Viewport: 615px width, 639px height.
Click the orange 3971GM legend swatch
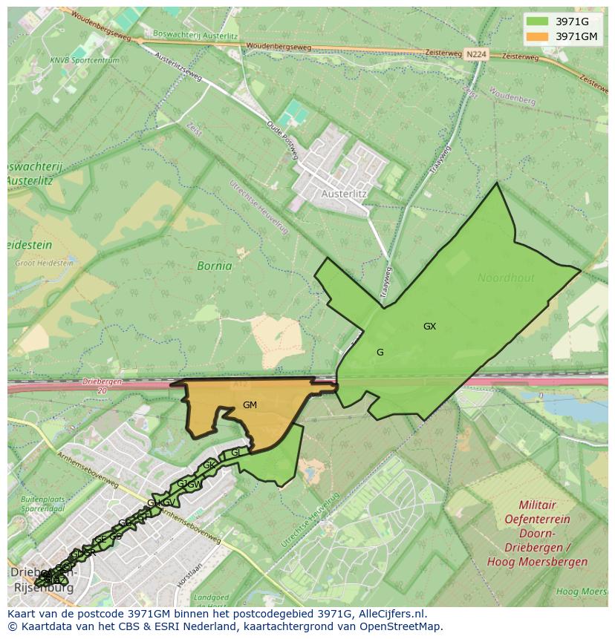(537, 36)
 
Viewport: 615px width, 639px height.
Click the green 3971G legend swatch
(537, 22)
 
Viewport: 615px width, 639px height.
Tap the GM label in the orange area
(250, 405)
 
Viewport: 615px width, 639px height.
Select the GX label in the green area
(429, 327)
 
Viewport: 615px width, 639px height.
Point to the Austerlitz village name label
(344, 194)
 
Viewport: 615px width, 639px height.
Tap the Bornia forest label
(214, 266)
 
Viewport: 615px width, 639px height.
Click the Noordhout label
(506, 278)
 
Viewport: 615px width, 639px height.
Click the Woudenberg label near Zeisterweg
(512, 96)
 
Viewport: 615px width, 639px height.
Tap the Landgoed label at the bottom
(211, 597)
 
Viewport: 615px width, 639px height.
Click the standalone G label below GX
(380, 353)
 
